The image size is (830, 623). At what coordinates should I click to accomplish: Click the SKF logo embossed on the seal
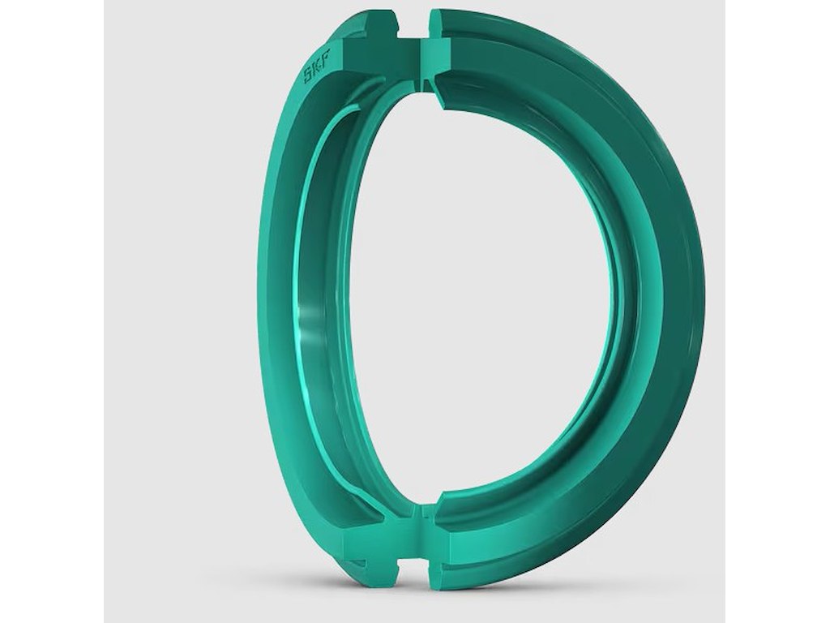pos(317,67)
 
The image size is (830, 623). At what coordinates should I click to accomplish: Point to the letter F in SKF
pos(325,57)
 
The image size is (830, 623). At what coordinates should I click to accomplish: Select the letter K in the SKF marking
pos(317,67)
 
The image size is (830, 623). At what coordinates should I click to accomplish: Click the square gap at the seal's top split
pos(413,23)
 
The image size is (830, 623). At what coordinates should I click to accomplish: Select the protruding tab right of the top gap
pos(440,24)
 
